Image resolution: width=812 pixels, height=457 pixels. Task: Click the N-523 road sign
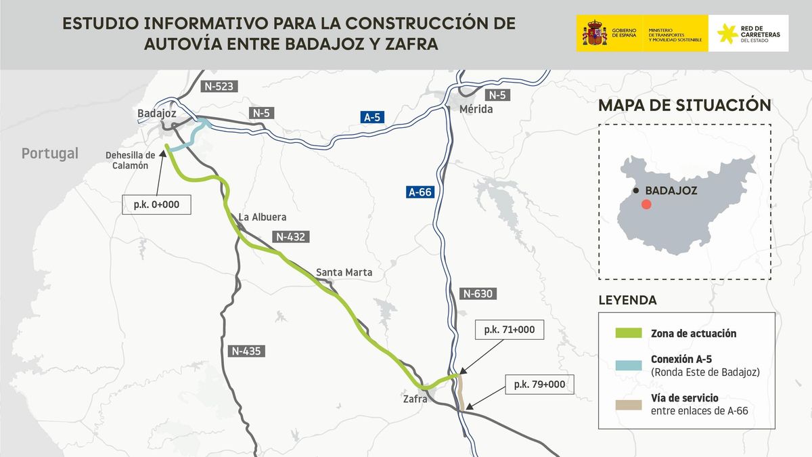coord(218,86)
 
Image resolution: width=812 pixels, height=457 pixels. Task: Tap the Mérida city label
coord(476,109)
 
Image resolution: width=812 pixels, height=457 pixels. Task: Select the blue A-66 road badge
coord(420,192)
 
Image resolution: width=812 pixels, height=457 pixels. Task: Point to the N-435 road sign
coord(246,351)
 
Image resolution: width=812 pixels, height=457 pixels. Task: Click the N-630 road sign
coord(478,294)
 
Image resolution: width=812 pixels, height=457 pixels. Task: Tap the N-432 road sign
coord(291,237)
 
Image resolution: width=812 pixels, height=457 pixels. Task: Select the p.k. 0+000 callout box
coord(156,204)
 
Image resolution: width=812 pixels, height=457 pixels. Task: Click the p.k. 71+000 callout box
coord(510,330)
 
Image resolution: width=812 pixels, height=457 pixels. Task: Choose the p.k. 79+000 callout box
coord(539,385)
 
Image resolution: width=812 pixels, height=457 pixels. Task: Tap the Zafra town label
coord(415,399)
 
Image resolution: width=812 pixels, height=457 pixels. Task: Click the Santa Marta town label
coord(344,272)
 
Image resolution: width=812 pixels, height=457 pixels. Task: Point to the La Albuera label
coord(263,217)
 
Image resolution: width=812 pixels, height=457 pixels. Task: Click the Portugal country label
coord(50,154)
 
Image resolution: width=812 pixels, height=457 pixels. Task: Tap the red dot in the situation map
coord(646,204)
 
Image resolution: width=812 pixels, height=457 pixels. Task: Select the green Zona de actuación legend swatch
coord(627,333)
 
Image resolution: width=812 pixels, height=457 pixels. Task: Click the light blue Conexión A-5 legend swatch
coord(627,366)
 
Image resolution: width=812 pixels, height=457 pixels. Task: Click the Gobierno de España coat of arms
coord(595,33)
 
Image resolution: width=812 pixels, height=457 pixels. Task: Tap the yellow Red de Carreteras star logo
coord(728,33)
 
